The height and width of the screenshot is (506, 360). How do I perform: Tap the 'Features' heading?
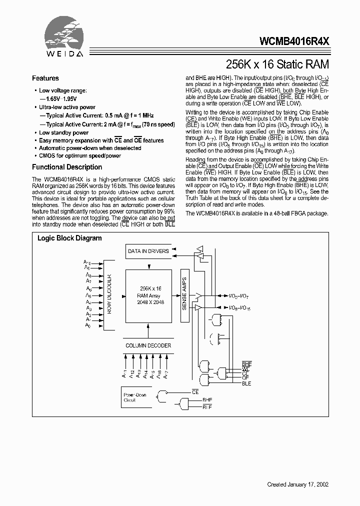(45, 78)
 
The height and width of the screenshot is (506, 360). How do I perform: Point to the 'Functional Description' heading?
(67, 167)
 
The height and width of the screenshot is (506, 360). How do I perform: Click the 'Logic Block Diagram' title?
(69, 238)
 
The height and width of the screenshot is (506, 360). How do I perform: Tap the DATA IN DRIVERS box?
(148, 251)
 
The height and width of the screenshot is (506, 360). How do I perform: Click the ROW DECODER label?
(109, 293)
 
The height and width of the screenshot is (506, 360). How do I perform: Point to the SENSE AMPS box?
(184, 293)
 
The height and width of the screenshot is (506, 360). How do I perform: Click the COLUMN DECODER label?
(148, 345)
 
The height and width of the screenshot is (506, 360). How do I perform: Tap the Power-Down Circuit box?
(136, 397)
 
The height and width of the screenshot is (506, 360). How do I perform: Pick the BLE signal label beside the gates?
(246, 383)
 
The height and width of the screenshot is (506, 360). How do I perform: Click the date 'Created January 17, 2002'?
(298, 484)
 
